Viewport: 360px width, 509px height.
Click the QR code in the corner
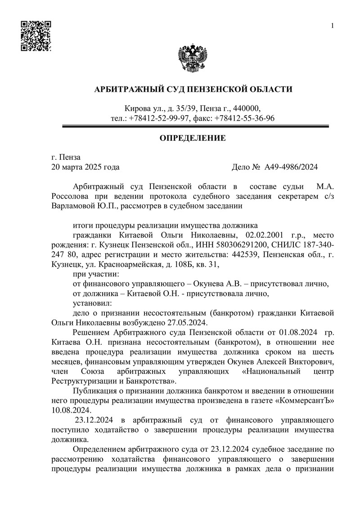coord(36,36)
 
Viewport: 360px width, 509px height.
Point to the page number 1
coord(332,26)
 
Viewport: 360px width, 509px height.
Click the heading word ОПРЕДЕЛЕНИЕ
coord(193,137)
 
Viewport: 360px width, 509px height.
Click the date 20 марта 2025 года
coord(85,167)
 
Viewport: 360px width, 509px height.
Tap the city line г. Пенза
coord(66,157)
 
